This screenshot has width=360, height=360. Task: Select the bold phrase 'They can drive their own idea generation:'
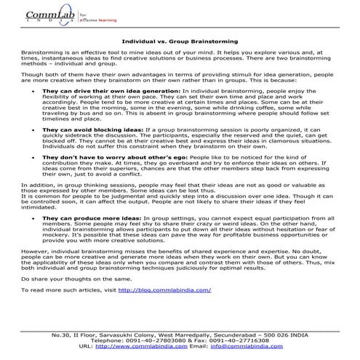click(x=105, y=91)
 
